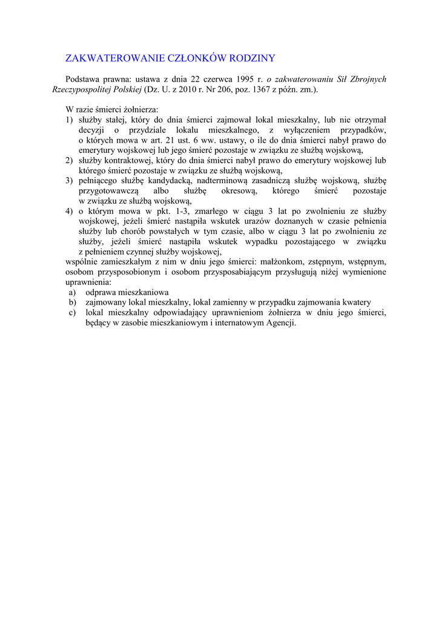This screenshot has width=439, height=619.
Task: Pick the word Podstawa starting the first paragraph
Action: pyautogui.click(x=84, y=79)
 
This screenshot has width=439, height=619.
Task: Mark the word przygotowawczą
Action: pyautogui.click(x=108, y=191)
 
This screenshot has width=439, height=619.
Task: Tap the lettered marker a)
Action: pyautogui.click(x=72, y=292)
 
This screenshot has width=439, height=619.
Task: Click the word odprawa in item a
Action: pyautogui.click(x=101, y=292)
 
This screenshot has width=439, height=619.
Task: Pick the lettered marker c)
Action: pyautogui.click(x=72, y=313)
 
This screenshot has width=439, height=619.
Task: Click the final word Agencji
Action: pyautogui.click(x=281, y=323)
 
